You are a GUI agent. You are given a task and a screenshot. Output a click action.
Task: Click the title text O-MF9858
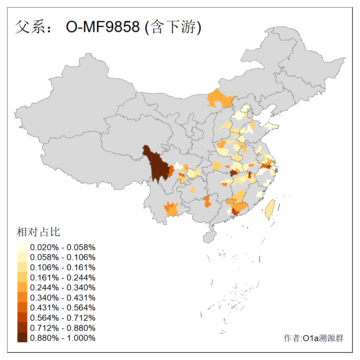[103, 27]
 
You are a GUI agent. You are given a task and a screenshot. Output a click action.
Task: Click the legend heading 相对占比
[38, 232]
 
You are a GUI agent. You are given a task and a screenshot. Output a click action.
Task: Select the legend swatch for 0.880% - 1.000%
[22, 337]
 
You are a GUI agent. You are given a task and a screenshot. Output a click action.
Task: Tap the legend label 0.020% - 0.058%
[63, 247]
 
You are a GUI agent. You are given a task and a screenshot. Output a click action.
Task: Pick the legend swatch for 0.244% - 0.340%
[22, 287]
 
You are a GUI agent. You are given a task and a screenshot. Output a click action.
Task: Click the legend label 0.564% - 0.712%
[63, 318]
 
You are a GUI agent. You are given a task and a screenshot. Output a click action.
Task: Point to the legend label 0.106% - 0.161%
[63, 267]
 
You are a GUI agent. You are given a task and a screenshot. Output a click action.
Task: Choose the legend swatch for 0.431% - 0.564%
[22, 307]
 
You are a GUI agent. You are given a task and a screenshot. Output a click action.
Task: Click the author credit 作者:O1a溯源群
[313, 338]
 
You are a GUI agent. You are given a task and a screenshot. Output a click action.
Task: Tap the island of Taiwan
[270, 209]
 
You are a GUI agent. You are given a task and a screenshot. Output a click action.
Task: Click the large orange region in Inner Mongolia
[220, 99]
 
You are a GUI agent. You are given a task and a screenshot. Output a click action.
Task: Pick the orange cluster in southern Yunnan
[171, 208]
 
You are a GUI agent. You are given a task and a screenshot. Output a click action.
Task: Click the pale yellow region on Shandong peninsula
[271, 126]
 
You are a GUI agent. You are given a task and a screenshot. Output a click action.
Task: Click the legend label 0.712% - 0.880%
[63, 328]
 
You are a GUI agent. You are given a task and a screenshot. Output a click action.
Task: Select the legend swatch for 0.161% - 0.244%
[22, 277]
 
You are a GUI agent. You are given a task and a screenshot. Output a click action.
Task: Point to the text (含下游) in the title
[173, 27]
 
